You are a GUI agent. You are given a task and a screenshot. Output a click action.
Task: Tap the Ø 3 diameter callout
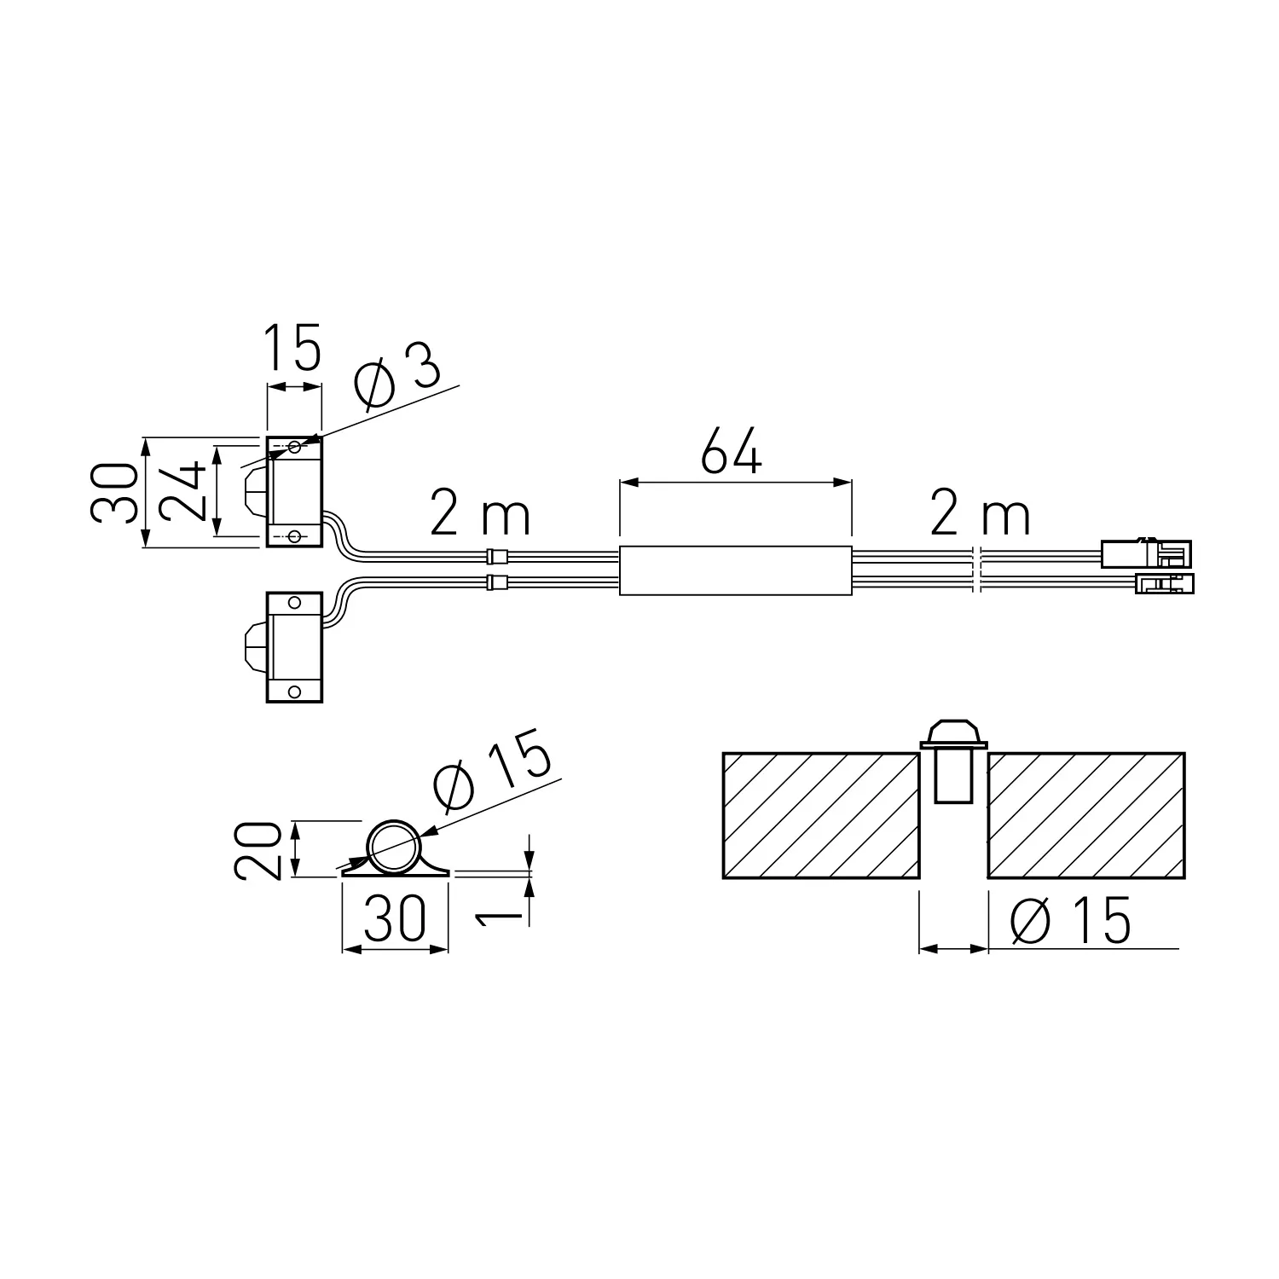point(398,378)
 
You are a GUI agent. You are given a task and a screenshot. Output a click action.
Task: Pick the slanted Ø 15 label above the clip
point(494,773)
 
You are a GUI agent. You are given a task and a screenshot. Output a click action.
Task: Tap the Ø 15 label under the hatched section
point(1070,921)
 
